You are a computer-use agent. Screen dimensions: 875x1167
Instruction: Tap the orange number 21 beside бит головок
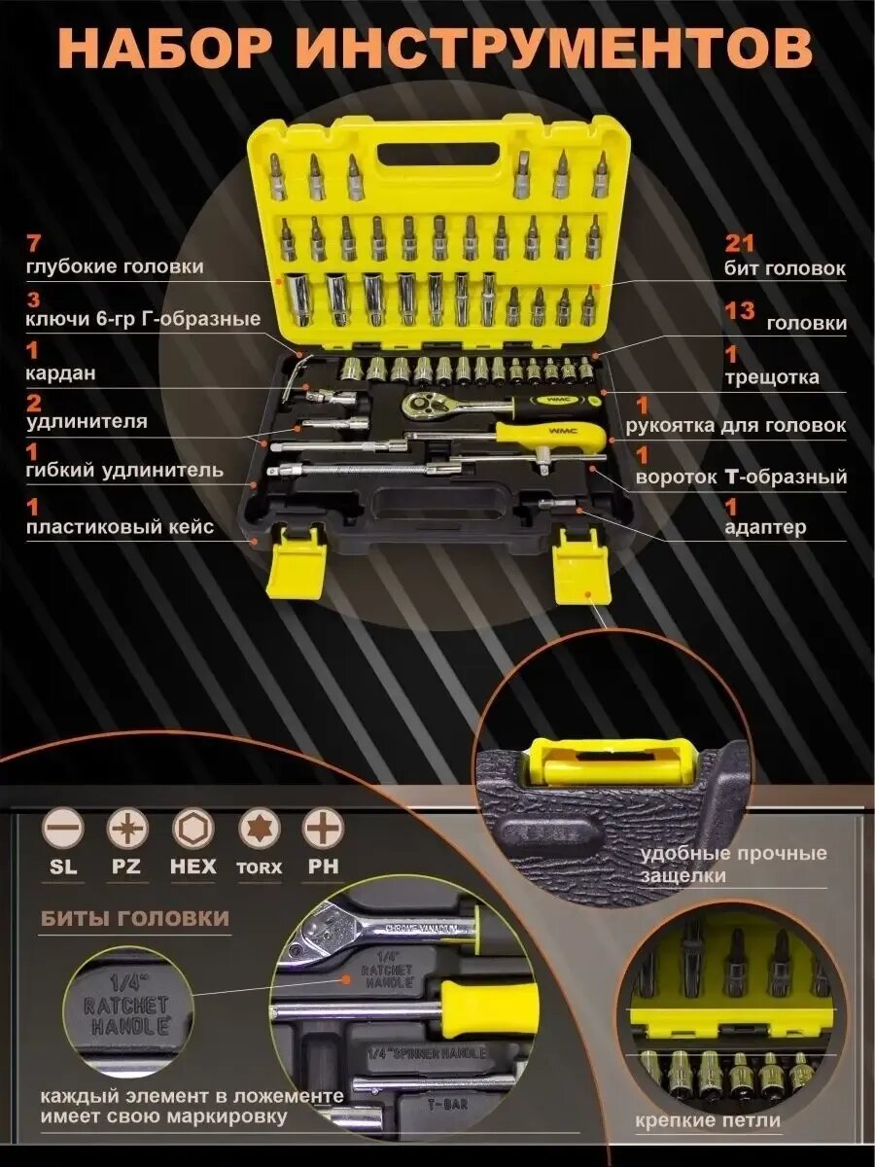[x=740, y=243]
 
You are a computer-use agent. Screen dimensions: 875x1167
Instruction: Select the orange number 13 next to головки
[x=740, y=311]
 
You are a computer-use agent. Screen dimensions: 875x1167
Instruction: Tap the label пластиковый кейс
[x=120, y=528]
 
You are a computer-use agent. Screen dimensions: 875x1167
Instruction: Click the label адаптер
[x=765, y=528]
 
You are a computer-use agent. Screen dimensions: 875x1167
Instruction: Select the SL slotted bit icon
[x=63, y=830]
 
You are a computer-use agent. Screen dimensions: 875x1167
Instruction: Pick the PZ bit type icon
[x=126, y=830]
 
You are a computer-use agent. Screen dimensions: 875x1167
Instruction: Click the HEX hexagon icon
[x=192, y=830]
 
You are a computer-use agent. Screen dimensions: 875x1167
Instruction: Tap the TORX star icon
[x=260, y=830]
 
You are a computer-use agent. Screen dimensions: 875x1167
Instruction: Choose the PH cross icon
[x=323, y=830]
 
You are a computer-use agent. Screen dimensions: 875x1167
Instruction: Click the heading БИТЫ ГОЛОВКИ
[x=135, y=918]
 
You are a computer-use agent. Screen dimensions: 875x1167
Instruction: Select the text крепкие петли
[x=708, y=1120]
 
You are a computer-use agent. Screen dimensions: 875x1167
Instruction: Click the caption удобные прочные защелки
[x=734, y=865]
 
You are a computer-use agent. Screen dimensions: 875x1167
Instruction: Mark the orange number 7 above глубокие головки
[x=35, y=243]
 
